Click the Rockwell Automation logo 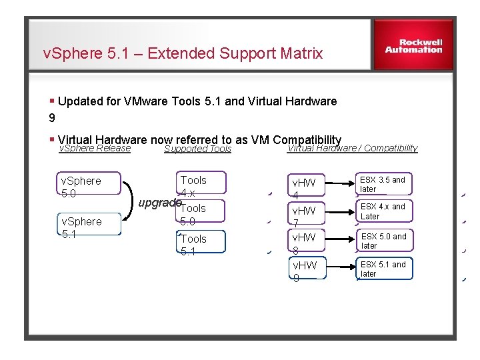[x=413, y=46]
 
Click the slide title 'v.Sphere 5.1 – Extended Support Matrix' [x=183, y=53]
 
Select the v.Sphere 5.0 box [x=89, y=187]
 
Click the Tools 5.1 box [x=201, y=244]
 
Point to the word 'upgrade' [x=159, y=201]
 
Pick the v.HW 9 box [x=307, y=271]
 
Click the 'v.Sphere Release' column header [x=95, y=149]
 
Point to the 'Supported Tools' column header [x=197, y=149]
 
